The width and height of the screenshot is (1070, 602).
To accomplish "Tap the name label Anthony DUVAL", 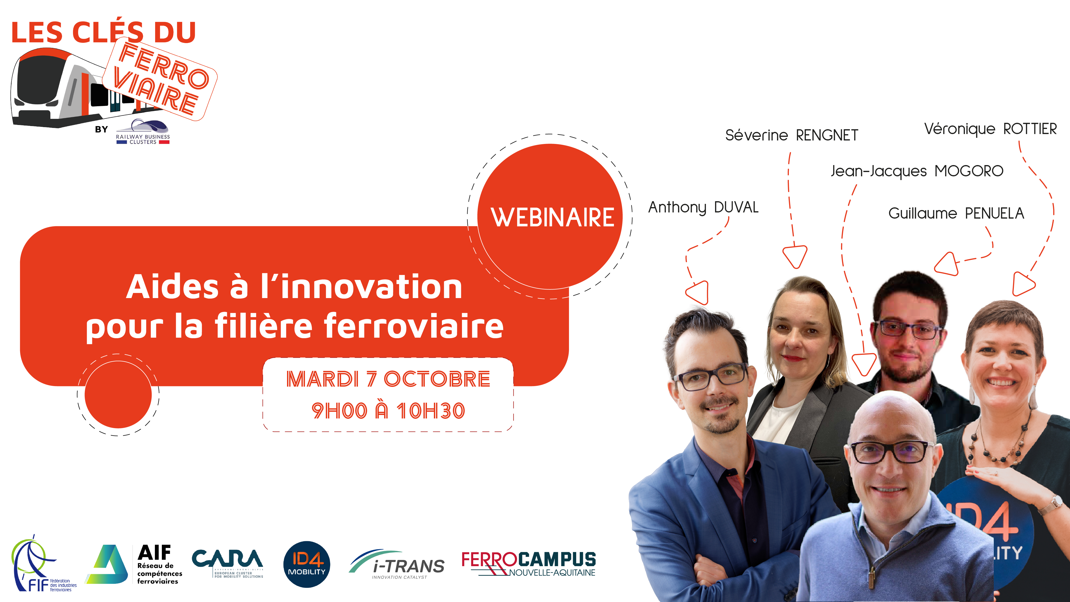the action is pyautogui.click(x=703, y=207).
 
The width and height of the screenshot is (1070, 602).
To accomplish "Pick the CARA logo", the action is pyautogui.click(x=227, y=563).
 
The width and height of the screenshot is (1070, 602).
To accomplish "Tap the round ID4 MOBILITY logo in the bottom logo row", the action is pyautogui.click(x=307, y=564).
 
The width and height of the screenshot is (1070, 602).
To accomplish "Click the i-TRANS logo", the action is pyautogui.click(x=397, y=564).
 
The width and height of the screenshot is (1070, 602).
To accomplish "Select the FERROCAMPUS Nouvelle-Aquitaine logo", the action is pyautogui.click(x=528, y=564).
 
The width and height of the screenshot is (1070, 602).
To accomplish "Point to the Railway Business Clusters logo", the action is pyautogui.click(x=143, y=132).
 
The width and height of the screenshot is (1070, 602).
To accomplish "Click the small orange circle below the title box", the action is pyautogui.click(x=118, y=395).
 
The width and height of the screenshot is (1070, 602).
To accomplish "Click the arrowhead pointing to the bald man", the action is pyautogui.click(x=864, y=364).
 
